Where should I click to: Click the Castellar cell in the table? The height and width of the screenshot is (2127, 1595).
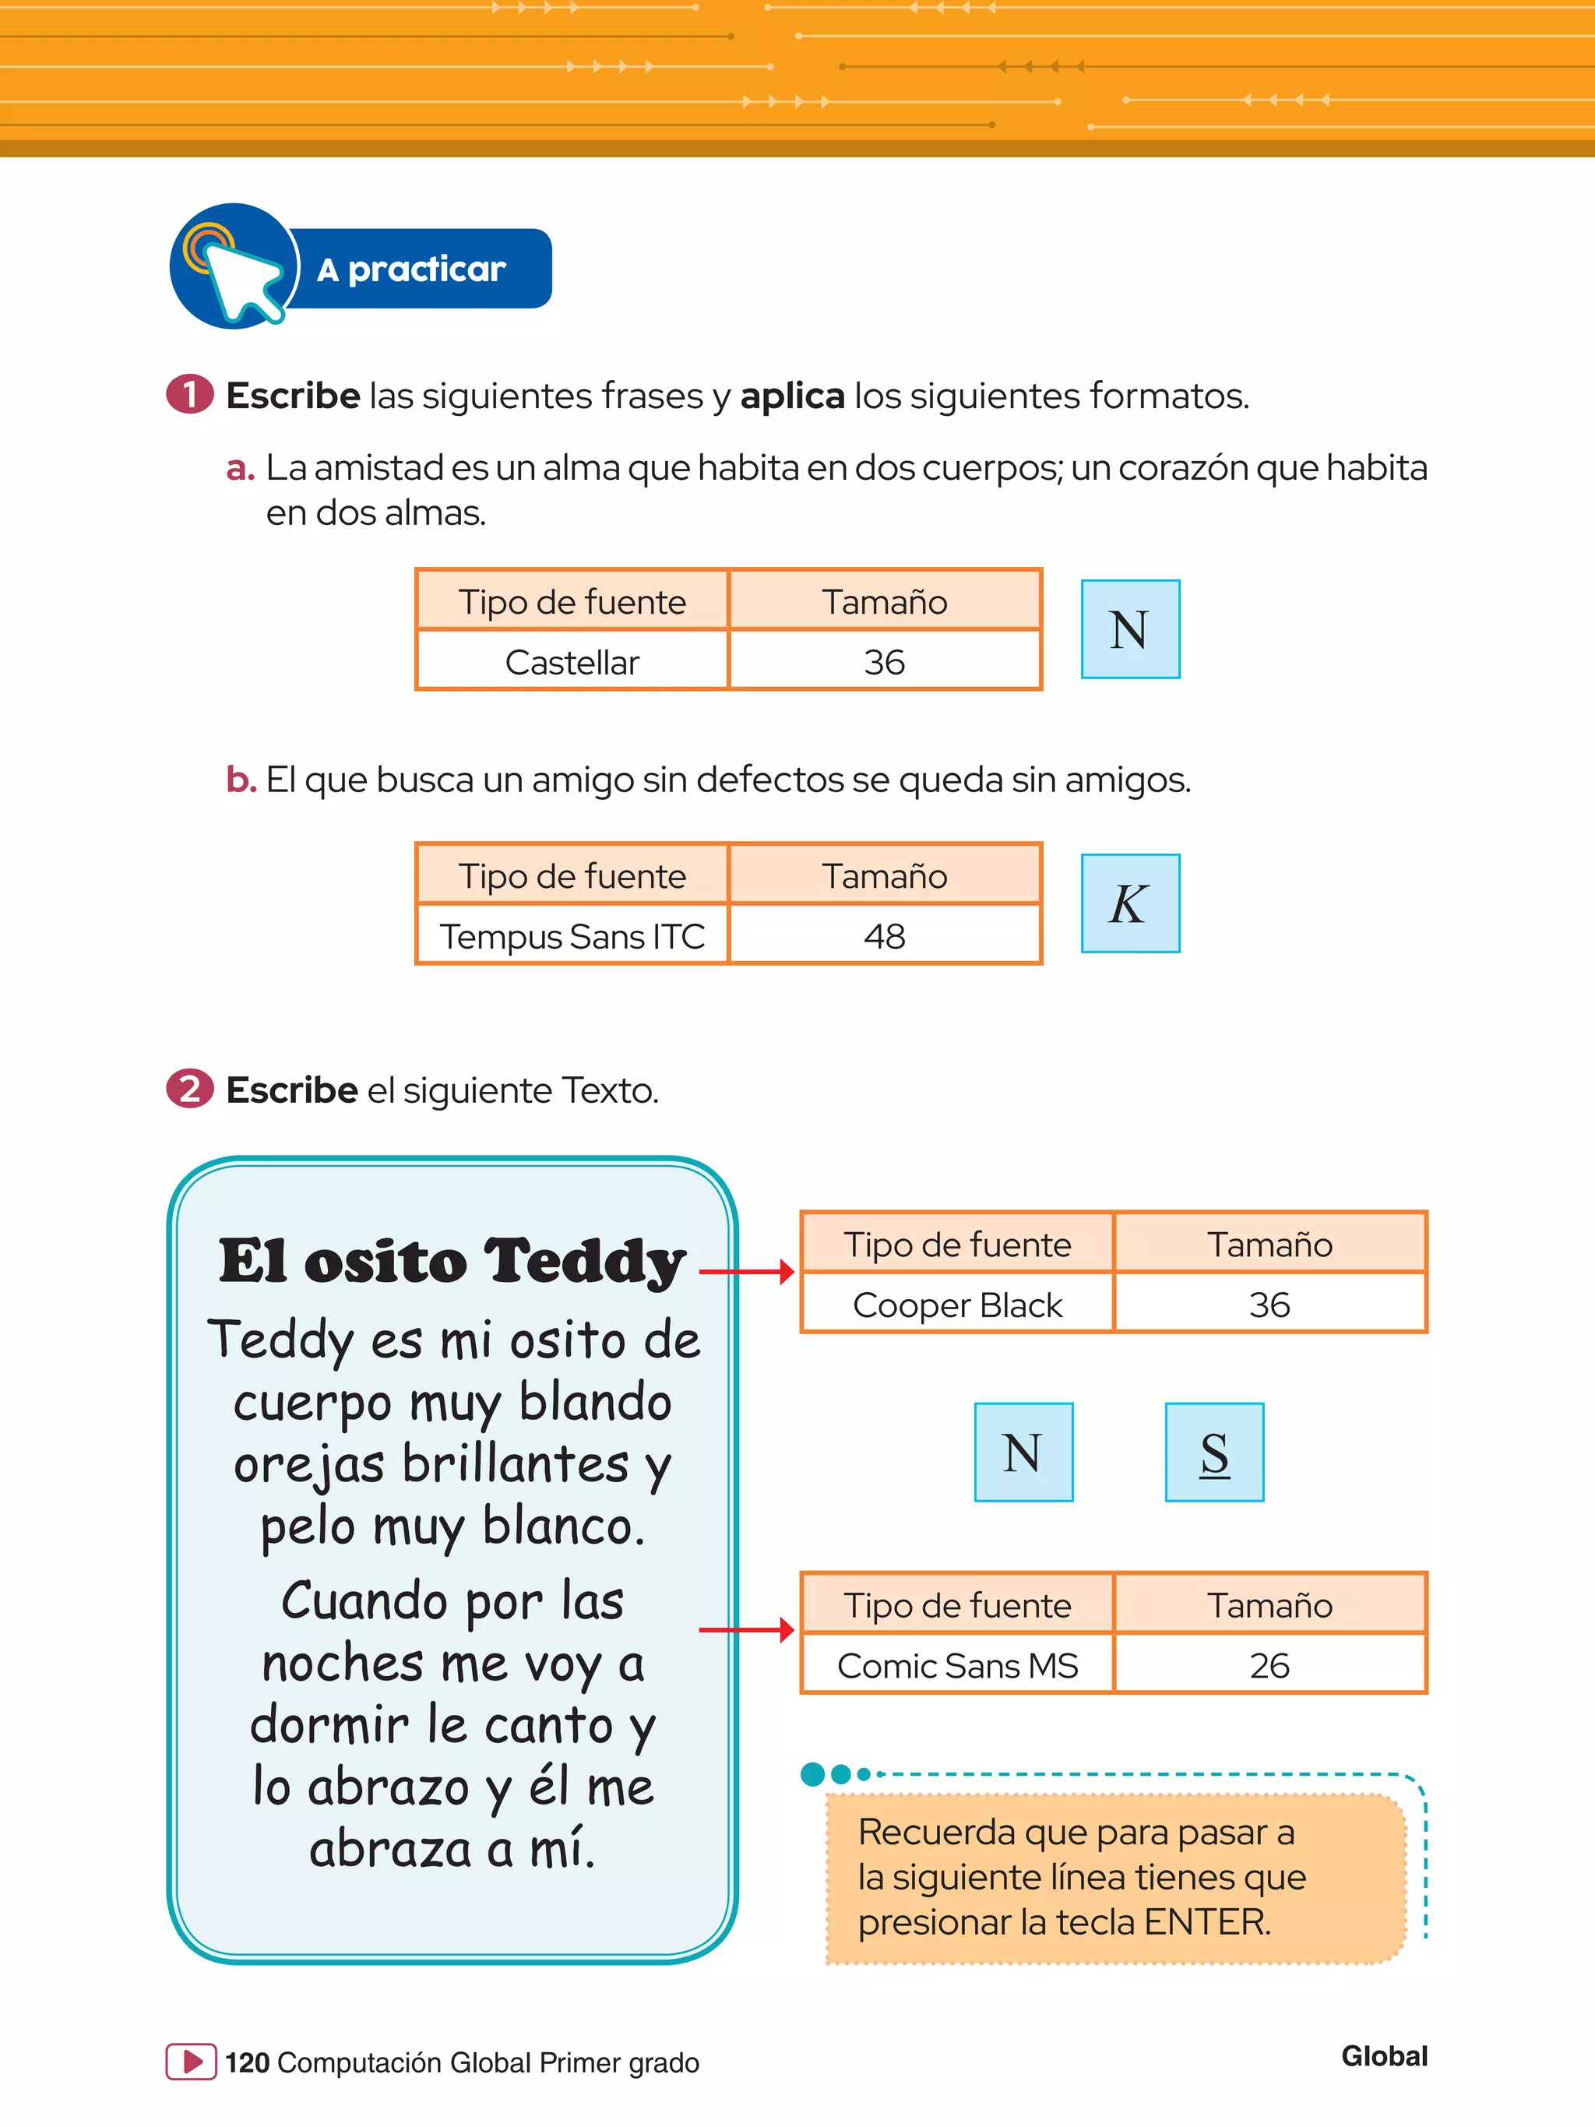572,661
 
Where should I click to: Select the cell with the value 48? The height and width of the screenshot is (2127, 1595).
885,935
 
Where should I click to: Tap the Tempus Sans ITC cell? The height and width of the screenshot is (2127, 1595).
572,935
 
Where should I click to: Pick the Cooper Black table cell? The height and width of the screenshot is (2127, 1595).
958,1305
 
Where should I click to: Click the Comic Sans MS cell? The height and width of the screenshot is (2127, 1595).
958,1665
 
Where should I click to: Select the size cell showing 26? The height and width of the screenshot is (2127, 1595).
1269,1665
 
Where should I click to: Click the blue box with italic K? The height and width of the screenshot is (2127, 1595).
1130,903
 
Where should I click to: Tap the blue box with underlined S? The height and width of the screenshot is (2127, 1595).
1214,1452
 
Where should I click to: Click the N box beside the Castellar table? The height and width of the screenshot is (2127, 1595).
1130,629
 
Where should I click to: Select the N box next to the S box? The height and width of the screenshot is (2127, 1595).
1023,1452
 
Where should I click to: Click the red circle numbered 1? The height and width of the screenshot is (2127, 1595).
189,394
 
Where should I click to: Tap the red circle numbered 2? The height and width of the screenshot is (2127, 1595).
189,1089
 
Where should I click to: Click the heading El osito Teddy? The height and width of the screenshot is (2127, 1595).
452,1261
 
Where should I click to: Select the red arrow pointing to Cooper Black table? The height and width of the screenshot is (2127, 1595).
746,1272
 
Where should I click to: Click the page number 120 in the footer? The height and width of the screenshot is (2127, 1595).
247,2062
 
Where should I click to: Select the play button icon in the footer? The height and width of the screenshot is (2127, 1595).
192,2062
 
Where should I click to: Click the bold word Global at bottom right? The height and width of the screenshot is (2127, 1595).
1383,2056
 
